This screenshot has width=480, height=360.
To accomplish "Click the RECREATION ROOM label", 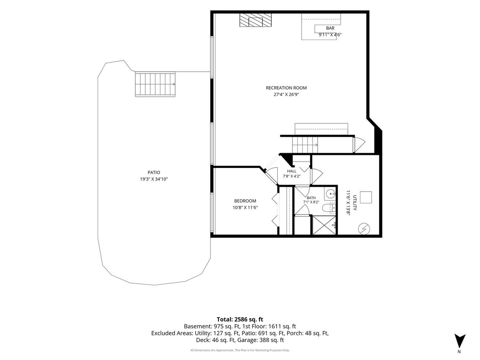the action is coord(286,88).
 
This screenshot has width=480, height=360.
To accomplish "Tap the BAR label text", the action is coord(330,28).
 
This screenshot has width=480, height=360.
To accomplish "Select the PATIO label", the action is coord(154,172).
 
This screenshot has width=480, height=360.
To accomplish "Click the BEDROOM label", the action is coord(245,201).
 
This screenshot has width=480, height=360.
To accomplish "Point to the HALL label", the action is coord(292,171).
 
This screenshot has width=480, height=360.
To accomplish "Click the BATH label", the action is coord(311,198).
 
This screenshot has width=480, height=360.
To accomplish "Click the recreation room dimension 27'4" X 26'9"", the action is coord(286,95).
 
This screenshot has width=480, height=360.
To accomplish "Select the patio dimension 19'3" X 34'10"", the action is coord(154,179).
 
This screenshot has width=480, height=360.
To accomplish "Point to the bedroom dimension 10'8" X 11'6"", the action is coord(245,208).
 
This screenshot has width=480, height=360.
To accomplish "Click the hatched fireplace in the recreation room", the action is coord(256,20).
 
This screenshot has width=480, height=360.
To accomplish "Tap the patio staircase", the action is coord(155,84).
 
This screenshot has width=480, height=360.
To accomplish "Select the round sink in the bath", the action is coord(330,194).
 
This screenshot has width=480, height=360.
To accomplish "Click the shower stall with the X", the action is coord(324,225).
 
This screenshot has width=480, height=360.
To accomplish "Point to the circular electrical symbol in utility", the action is coord(364,229).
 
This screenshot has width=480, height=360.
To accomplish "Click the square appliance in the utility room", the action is coord(366,197).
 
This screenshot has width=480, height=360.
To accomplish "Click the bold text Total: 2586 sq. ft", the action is coord(240,319).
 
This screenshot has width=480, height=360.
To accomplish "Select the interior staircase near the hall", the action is coord(305,145).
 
